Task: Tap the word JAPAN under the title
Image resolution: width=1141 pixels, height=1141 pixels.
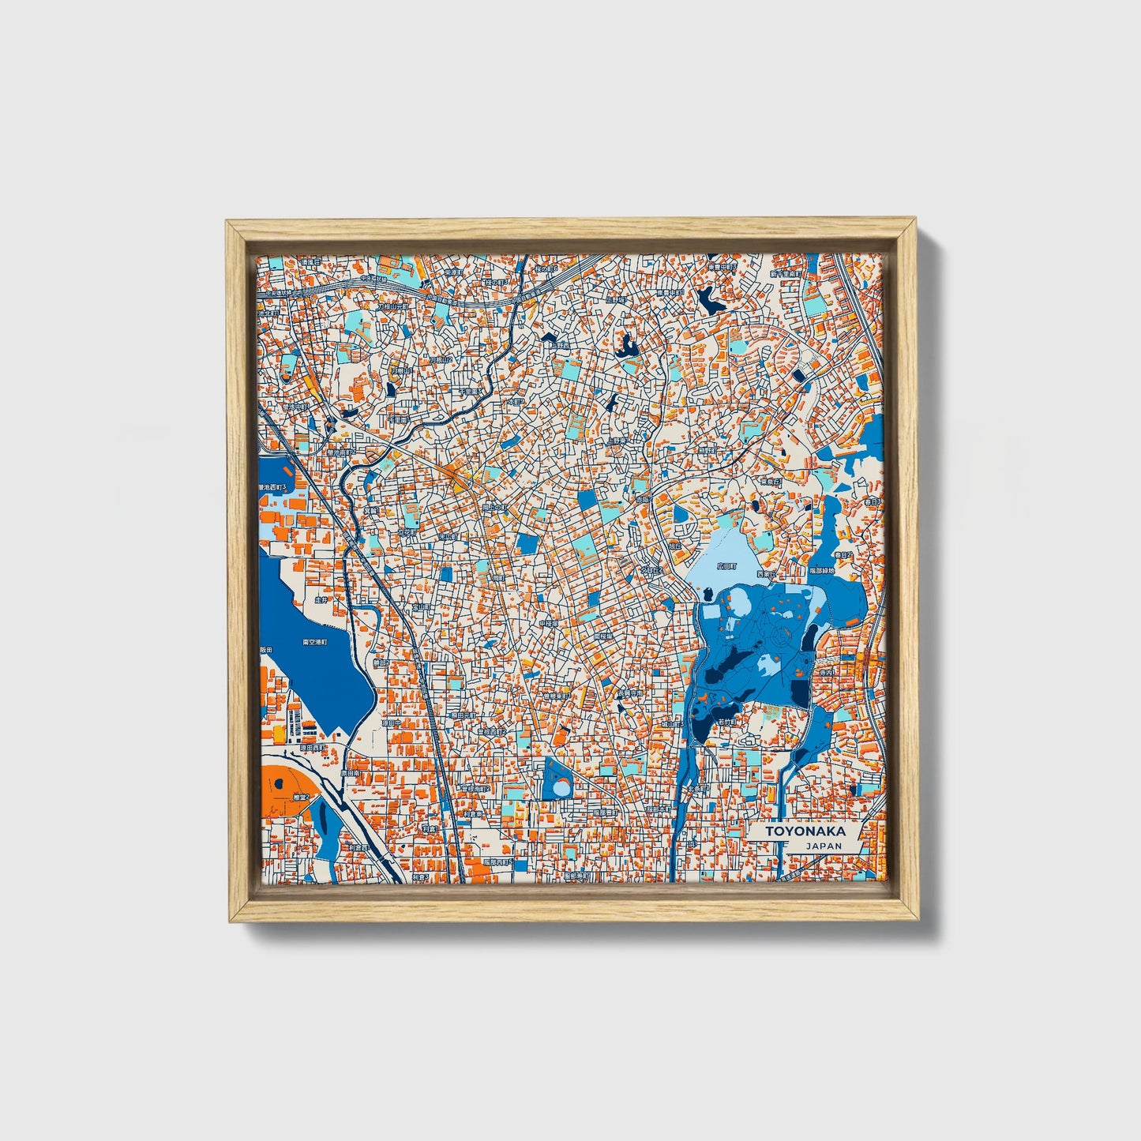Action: [824, 846]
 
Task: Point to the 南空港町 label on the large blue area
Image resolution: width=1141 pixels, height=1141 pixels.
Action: [315, 642]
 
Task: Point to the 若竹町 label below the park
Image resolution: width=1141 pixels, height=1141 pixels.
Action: [727, 721]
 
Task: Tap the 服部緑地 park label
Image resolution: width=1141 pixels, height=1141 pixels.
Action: [821, 570]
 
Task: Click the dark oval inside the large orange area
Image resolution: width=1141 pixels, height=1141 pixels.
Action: [278, 785]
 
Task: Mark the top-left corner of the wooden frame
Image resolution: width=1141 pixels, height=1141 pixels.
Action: [227, 223]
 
